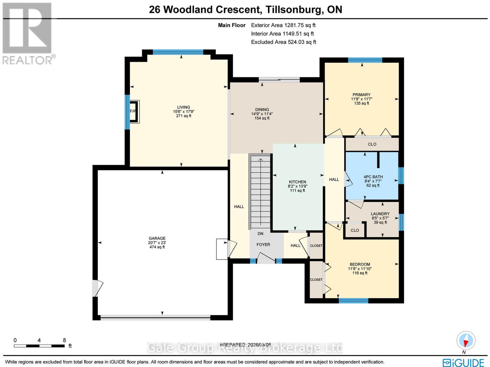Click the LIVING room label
pos(183,108)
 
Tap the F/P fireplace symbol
pos(134,112)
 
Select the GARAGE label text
pos(157,238)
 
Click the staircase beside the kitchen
pos(261,191)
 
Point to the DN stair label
pos(260,234)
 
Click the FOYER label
pos(263,245)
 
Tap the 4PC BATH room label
pos(373,177)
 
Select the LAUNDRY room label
pos(380,214)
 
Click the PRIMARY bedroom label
pos(361,95)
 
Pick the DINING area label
pos(262,109)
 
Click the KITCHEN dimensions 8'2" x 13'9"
pos(297,186)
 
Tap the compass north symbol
pos(466,341)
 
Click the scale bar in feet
pos(39,346)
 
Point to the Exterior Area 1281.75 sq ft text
pos(283,25)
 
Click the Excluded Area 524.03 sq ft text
pos(284,42)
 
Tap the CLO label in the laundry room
pos(355,230)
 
